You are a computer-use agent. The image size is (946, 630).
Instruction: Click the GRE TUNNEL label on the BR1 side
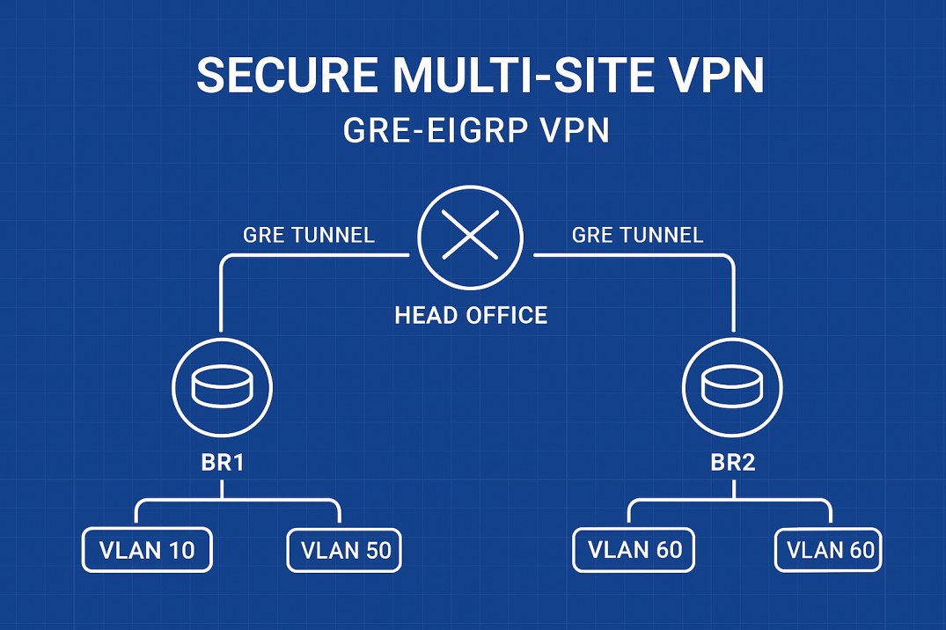click(308, 235)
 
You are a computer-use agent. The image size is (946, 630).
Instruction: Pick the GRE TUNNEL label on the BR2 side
click(637, 235)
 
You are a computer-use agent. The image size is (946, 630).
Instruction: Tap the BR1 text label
click(222, 463)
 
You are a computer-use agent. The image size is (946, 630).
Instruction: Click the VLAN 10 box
click(147, 551)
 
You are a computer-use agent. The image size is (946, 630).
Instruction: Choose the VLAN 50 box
click(345, 551)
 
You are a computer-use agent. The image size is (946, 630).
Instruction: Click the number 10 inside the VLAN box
click(180, 551)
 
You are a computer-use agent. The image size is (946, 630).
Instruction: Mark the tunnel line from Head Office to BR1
click(222, 290)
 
